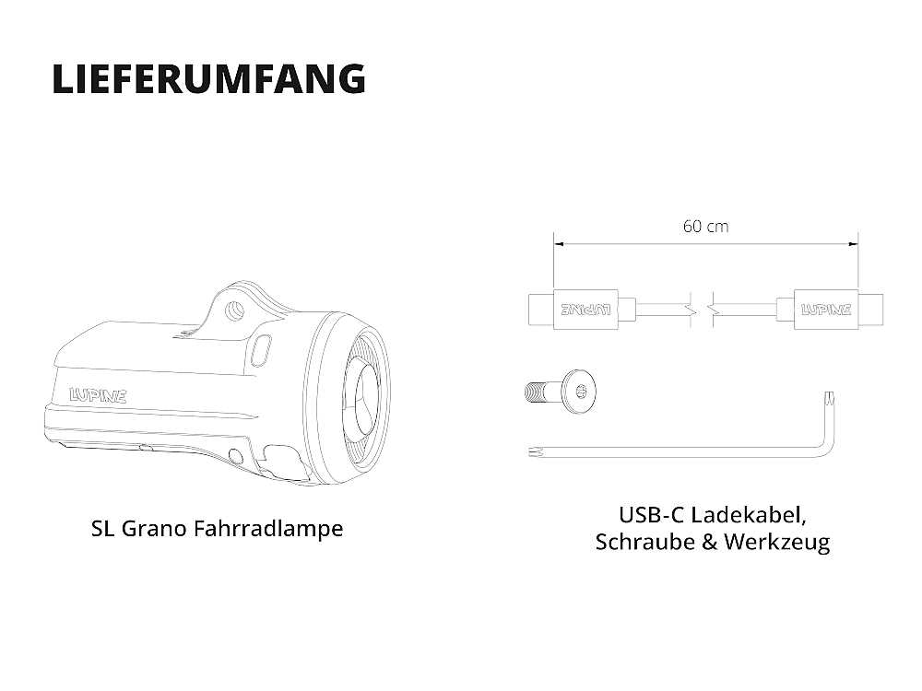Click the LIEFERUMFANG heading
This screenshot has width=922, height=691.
coord(208,79)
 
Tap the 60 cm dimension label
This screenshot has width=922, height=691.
coord(705,227)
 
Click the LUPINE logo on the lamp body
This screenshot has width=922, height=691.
coord(98,395)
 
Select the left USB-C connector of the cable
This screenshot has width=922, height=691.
coord(582,309)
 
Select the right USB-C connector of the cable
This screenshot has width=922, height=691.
coord(830,309)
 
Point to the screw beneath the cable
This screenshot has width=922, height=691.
coord(560,390)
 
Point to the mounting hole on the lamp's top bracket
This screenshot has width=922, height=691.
coord(235,309)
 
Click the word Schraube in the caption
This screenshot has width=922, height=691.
coord(645,541)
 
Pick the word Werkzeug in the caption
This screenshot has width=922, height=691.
coord(776,542)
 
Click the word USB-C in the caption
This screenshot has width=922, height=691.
coord(652,515)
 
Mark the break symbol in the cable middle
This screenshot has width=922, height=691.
coord(702,309)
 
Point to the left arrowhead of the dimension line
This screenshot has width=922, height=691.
coord(560,244)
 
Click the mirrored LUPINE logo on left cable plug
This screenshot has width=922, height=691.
coord(585,309)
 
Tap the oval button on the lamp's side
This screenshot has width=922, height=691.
coord(260,350)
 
